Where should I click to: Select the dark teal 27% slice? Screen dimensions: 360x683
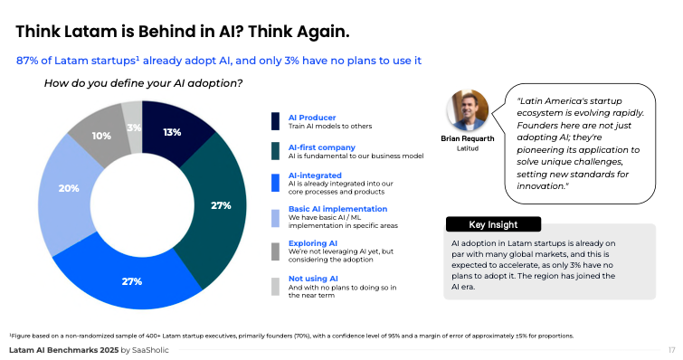coord(220,204)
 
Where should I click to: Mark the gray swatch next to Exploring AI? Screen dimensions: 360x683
coord(276,250)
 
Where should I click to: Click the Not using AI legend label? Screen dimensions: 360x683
coord(313,279)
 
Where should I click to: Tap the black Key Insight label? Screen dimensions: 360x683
coord(493,224)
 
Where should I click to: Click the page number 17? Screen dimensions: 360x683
coord(670,350)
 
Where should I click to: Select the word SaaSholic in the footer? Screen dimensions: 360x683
coord(156,350)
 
